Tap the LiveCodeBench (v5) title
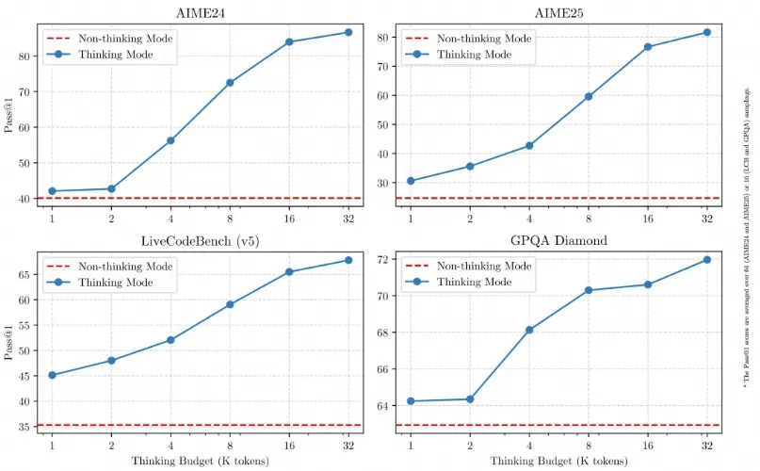[201, 241]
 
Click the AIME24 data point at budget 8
[230, 83]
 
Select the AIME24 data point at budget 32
[348, 32]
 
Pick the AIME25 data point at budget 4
[529, 146]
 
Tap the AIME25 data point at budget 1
[410, 181]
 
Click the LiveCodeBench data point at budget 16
[289, 272]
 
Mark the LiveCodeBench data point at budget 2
[111, 361]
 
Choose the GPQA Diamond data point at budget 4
[529, 330]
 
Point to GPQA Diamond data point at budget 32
[706, 260]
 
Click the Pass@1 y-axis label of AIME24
[9, 116]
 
